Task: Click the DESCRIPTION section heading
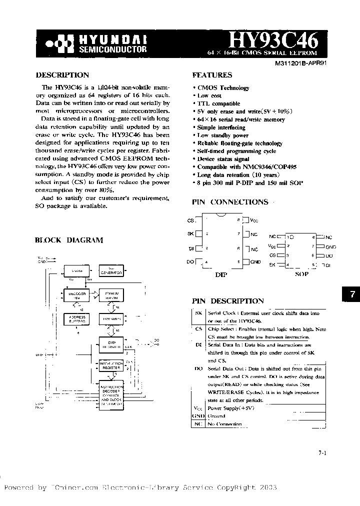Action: (62, 75)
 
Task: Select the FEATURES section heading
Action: (212, 75)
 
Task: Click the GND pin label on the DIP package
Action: (255, 261)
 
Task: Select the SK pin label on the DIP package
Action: (189, 233)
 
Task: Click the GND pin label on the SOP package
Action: (330, 246)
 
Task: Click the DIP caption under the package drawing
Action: (220, 274)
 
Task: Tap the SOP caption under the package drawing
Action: (301, 274)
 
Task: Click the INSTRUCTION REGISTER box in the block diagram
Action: (111, 365)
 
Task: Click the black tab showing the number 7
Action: (351, 294)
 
